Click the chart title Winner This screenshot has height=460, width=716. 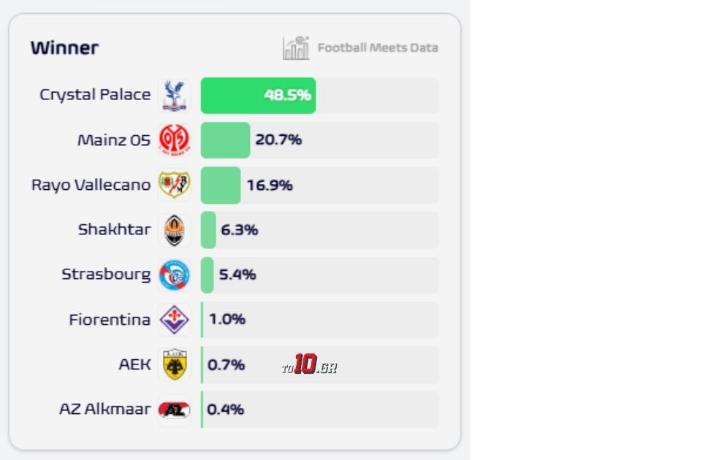click(x=64, y=48)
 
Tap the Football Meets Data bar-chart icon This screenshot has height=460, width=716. click(x=296, y=48)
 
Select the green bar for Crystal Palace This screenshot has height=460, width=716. click(x=258, y=96)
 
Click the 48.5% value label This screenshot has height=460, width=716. click(x=287, y=96)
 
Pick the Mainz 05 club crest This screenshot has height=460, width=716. click(x=174, y=139)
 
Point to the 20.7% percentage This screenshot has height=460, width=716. click(x=278, y=139)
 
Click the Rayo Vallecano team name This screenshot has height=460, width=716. click(x=91, y=185)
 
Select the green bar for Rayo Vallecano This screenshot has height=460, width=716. click(x=221, y=185)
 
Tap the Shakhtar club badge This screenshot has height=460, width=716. click(x=174, y=230)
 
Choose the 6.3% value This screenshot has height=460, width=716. click(x=239, y=230)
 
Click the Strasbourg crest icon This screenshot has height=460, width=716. click(x=174, y=275)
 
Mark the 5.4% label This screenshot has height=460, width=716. click(x=237, y=275)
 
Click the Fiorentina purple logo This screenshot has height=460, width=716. click(x=174, y=320)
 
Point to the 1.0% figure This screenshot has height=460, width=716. click(x=227, y=320)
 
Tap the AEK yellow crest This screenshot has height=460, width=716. click(x=174, y=364)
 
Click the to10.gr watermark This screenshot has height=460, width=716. click(x=309, y=365)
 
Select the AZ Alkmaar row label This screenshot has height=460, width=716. click(x=104, y=409)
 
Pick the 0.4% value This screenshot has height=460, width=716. click(x=226, y=410)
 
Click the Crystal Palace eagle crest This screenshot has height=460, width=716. click(x=174, y=96)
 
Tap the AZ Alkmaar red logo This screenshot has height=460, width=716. click(x=174, y=410)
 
